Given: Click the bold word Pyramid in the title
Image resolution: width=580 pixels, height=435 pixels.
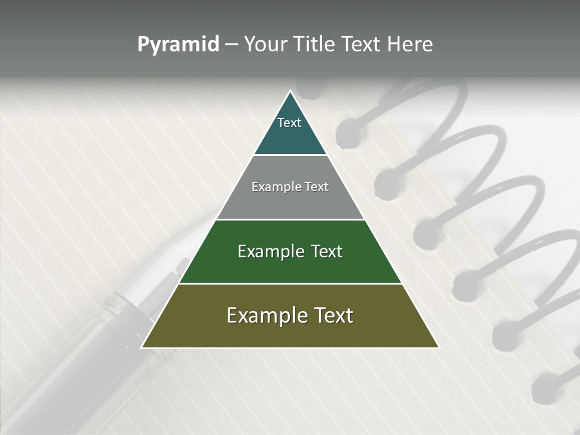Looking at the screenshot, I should (x=178, y=45).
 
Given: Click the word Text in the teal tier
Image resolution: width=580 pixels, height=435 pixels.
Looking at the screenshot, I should (x=289, y=123).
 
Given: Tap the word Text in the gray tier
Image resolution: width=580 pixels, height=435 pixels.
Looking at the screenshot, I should (x=317, y=187).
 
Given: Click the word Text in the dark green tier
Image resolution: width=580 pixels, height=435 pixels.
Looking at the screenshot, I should (x=327, y=251).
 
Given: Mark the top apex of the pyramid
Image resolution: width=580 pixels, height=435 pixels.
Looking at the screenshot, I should (x=290, y=91).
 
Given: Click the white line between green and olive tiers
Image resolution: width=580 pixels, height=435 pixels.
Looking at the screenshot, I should (x=290, y=283).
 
